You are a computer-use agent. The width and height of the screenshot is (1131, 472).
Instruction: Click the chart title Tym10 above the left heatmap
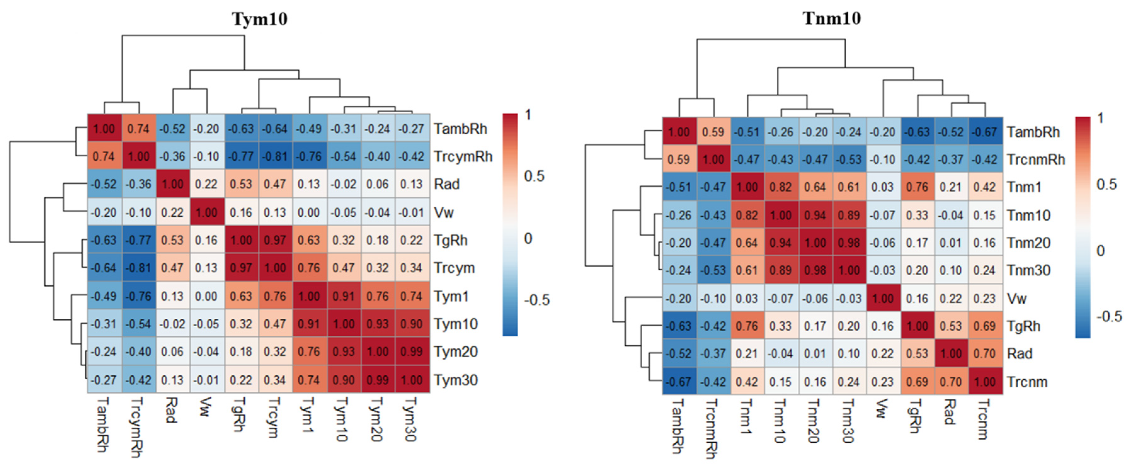[259, 19]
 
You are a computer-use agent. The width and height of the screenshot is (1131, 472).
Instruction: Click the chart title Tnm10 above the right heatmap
[832, 19]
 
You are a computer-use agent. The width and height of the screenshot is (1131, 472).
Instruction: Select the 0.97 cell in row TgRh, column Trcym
[275, 240]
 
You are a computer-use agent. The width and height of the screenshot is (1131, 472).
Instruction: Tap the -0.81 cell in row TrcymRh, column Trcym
[275, 157]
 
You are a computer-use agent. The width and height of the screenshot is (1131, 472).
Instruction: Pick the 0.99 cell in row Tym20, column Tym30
[412, 352]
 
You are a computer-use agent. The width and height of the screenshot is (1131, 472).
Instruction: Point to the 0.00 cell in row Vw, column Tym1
[309, 213]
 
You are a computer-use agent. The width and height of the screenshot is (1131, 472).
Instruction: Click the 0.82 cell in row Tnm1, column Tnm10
[780, 187]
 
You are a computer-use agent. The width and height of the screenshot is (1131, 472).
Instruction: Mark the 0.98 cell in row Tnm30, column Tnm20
[815, 270]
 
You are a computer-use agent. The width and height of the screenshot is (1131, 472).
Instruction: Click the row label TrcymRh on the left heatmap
[463, 157]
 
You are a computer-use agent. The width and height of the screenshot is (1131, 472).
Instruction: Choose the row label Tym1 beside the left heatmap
[451, 296]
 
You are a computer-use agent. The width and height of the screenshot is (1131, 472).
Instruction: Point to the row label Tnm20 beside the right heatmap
[1028, 243]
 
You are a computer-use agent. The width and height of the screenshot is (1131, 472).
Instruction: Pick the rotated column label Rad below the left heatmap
[171, 410]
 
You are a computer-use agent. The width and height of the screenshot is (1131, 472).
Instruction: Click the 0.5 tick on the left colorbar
[534, 176]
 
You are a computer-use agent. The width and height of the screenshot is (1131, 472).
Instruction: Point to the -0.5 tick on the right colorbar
[1109, 316]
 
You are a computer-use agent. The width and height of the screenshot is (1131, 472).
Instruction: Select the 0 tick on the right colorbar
[1100, 250]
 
